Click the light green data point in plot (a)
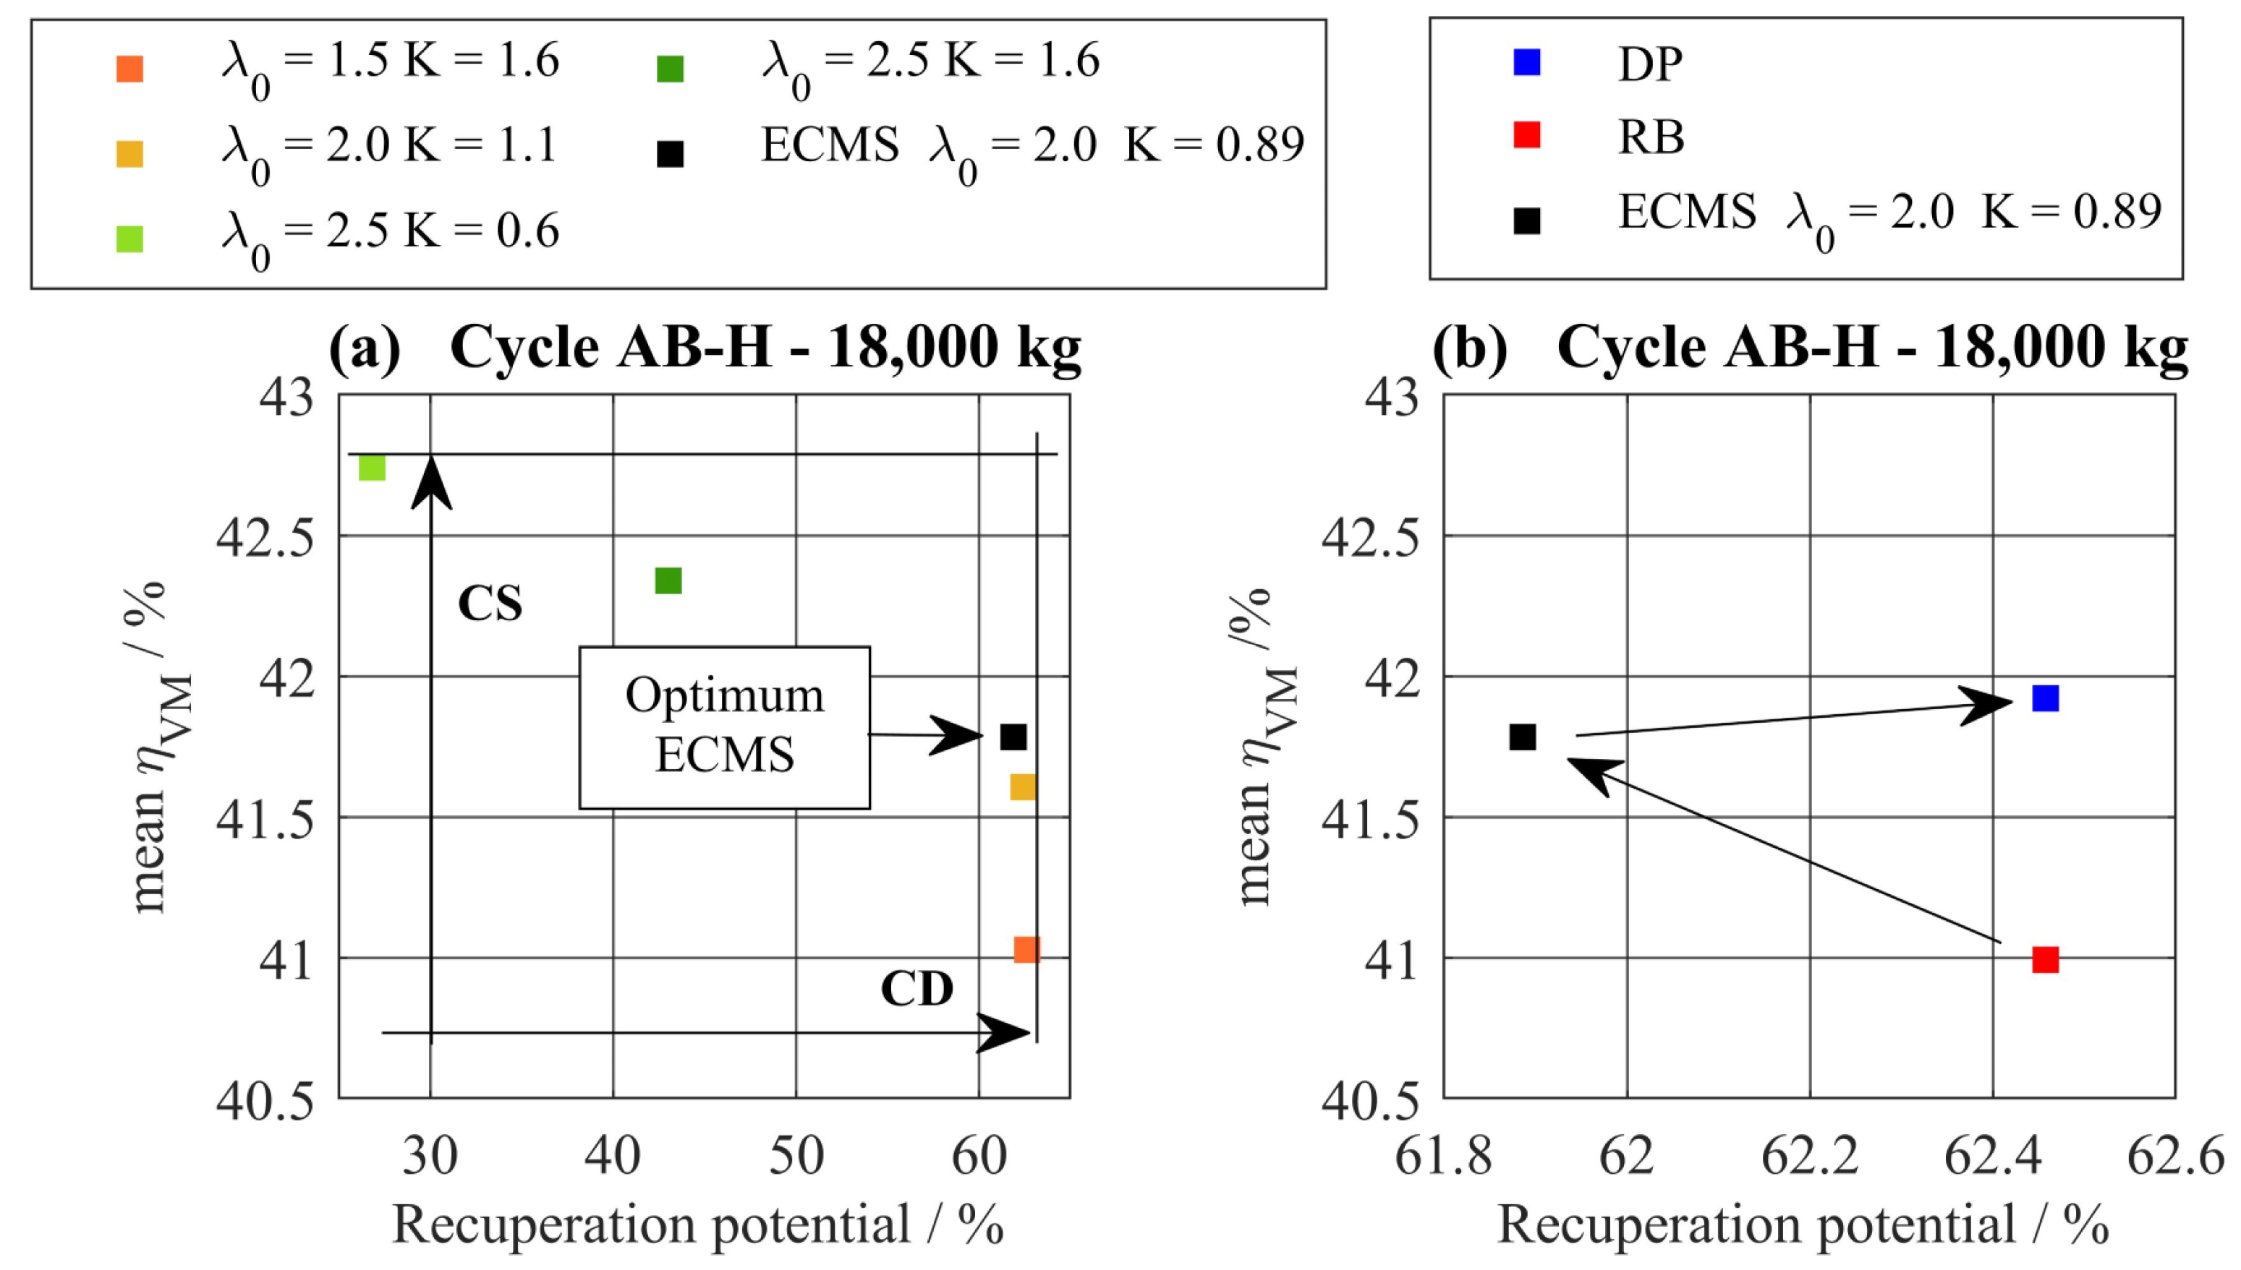click(x=372, y=468)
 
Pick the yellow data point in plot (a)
click(x=1022, y=786)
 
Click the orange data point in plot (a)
click(x=1026, y=949)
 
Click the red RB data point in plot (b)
click(x=2046, y=959)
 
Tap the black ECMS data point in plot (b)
click(x=1523, y=737)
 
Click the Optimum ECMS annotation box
click(x=724, y=726)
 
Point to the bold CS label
click(x=490, y=604)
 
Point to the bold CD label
click(x=917, y=989)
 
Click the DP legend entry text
click(x=1650, y=64)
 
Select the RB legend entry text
click(x=1650, y=137)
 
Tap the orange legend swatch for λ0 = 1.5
click(x=130, y=69)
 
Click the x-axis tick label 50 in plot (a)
click(x=796, y=1157)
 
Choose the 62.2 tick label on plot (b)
click(x=1810, y=1157)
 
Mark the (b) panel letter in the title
click(x=1470, y=348)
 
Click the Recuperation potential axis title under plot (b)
click(x=1803, y=1224)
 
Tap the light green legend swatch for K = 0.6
click(x=130, y=238)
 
